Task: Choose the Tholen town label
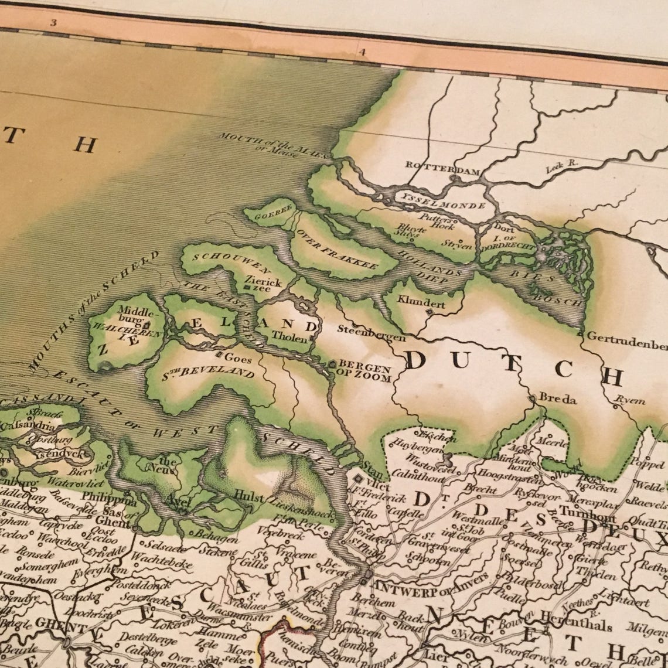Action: coord(289,338)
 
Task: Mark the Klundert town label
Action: coord(421,304)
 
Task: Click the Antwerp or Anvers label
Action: coord(430,578)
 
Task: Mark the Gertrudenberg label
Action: coord(626,338)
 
